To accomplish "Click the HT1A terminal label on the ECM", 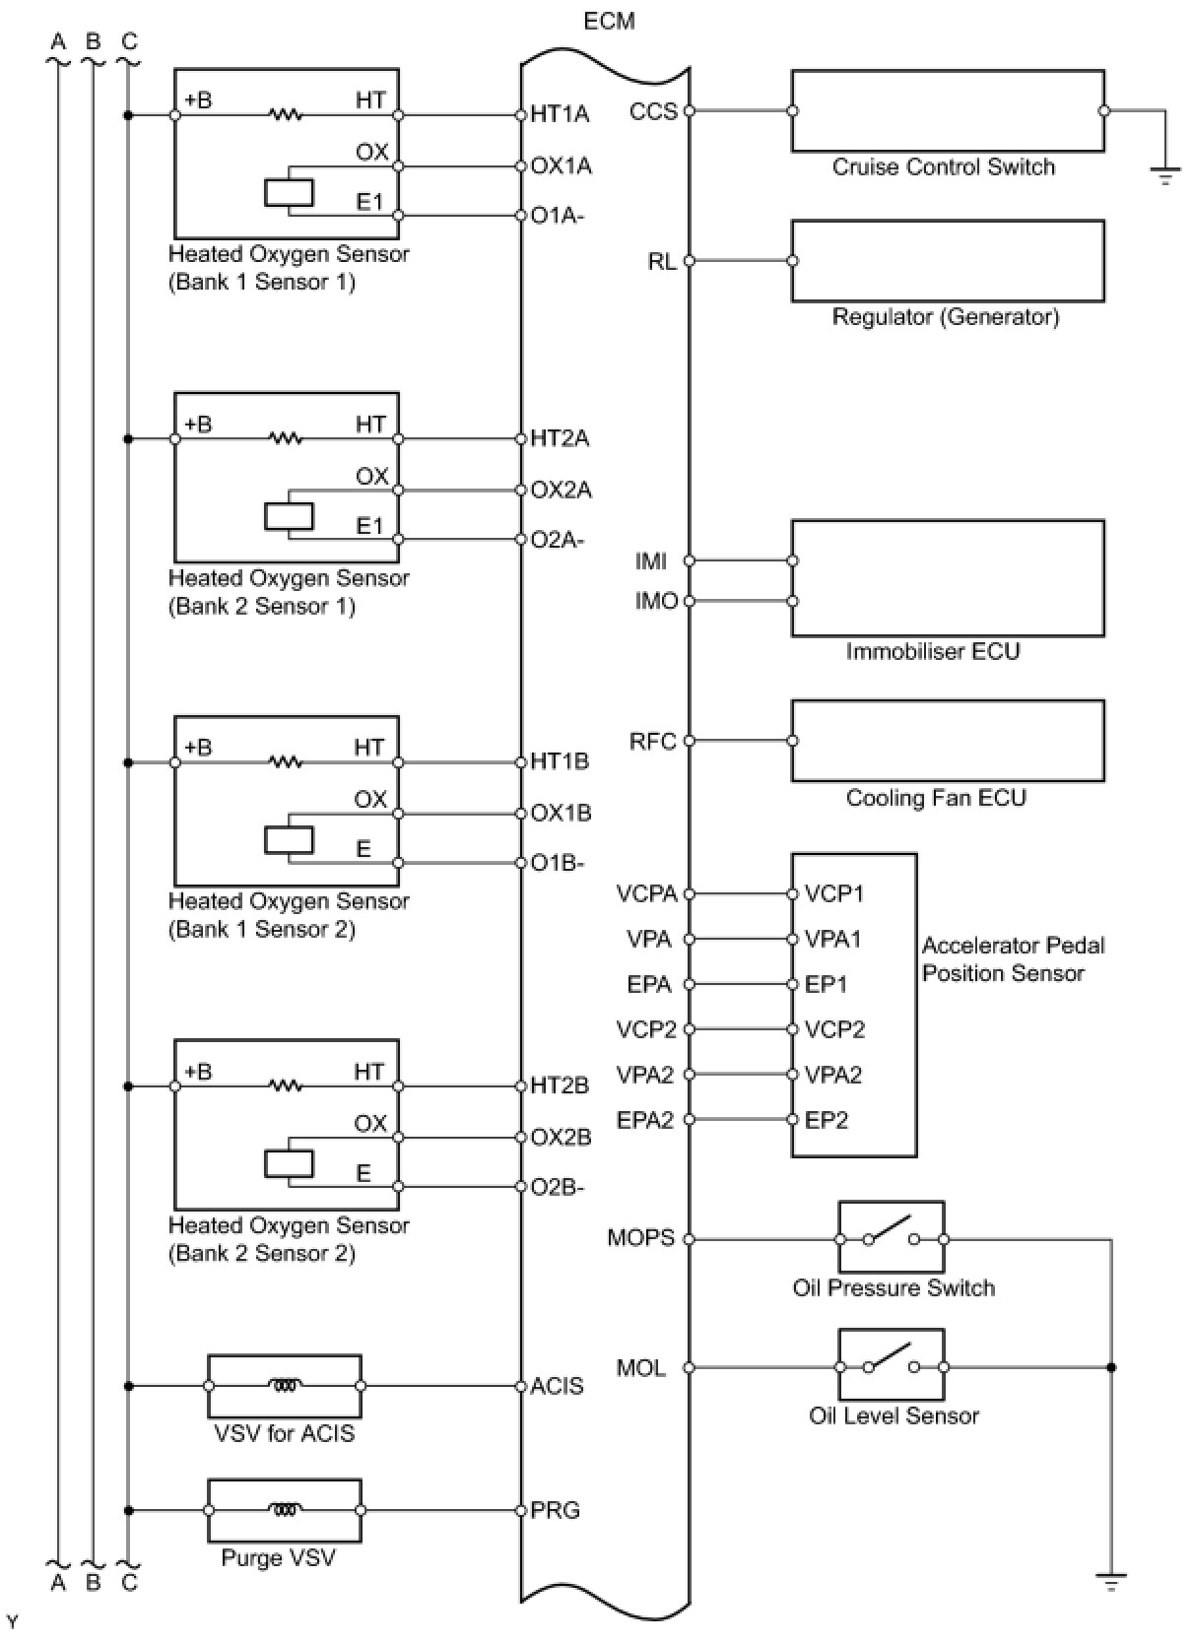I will pos(560,114).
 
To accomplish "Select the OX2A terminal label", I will pos(561,490).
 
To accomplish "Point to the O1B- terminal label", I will pos(558,863).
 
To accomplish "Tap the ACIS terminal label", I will pos(557,1386).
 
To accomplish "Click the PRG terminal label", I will pos(555,1510).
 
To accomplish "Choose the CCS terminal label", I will pos(653,111).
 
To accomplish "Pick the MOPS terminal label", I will pos(640,1238).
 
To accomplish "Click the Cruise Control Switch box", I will pos(947,110).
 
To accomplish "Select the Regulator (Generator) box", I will pos(947,260).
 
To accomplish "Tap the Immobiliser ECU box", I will pos(947,578).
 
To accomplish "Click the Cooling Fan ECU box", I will pos(947,741).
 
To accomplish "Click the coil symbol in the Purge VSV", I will pos(285,1509).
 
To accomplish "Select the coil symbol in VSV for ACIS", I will pos(285,1385).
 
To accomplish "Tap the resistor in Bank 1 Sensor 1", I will pos(286,115).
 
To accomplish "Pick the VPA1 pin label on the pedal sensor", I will pos(832,940).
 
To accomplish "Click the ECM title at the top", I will pos(609,21).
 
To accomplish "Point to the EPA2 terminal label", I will pos(645,1120).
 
